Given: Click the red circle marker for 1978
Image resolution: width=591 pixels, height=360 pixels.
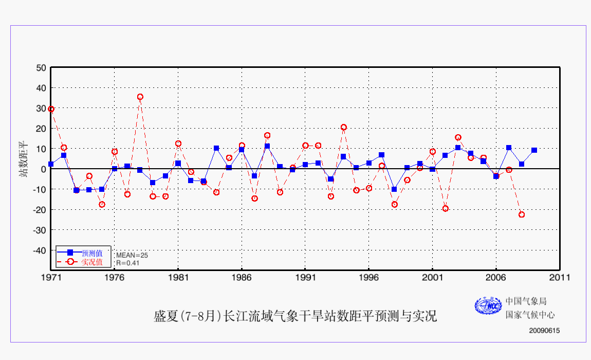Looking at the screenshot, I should tap(140, 97).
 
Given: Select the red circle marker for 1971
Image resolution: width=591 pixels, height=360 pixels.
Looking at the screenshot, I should tap(51, 109).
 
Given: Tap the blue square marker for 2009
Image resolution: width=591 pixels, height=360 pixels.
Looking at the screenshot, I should tap(534, 150).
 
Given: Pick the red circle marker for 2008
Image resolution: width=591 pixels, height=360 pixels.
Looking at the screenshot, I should tap(522, 214).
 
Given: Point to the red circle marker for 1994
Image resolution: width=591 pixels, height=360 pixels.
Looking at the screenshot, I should tap(343, 127).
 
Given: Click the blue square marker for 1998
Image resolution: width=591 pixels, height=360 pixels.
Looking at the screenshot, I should tap(394, 189).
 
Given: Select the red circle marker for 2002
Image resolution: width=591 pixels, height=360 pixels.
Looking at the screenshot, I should tap(445, 208).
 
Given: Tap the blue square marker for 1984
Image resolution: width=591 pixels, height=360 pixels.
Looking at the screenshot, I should tap(216, 148).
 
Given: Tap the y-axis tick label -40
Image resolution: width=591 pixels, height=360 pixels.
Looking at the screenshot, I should tap(39, 250).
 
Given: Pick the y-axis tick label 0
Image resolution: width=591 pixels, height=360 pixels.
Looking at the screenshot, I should tap(44, 169).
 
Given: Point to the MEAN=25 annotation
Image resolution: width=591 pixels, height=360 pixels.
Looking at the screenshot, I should tap(132, 255).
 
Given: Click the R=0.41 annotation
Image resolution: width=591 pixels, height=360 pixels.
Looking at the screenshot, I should tap(128, 263).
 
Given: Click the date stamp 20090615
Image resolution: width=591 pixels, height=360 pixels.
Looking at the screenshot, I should tap(544, 331).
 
